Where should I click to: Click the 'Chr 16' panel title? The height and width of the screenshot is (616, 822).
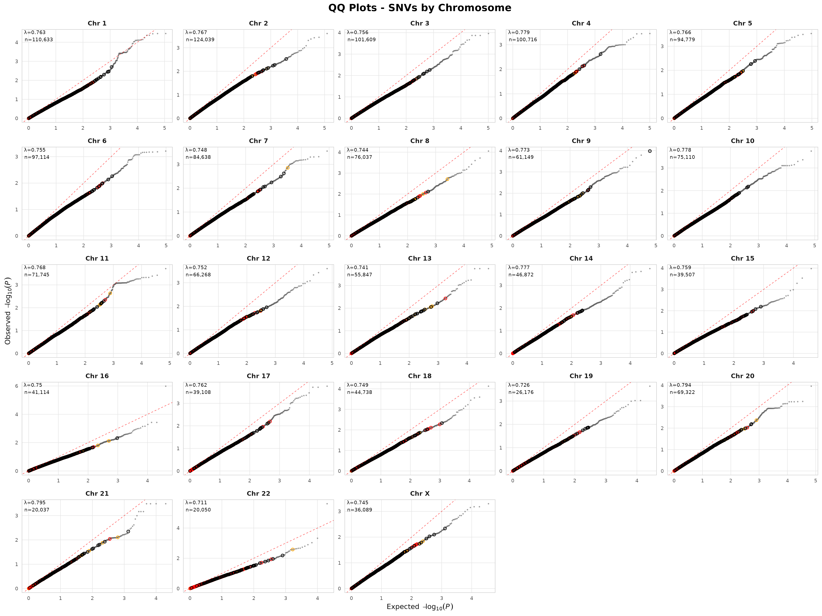pyautogui.click(x=97, y=376)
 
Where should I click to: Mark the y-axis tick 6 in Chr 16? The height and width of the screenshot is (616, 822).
pyautogui.click(x=17, y=386)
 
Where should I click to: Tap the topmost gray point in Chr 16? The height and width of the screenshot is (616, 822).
pyautogui.click(x=166, y=386)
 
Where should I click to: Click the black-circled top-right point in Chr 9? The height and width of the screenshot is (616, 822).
pyautogui.click(x=650, y=151)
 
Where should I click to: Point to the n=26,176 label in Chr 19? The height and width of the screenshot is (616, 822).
pyautogui.click(x=521, y=392)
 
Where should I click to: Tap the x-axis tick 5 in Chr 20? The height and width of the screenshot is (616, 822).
pyautogui.click(x=815, y=480)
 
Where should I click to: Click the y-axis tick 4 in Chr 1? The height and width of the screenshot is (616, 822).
pyautogui.click(x=17, y=42)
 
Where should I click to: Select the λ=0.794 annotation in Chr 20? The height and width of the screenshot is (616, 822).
pyautogui.click(x=680, y=385)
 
